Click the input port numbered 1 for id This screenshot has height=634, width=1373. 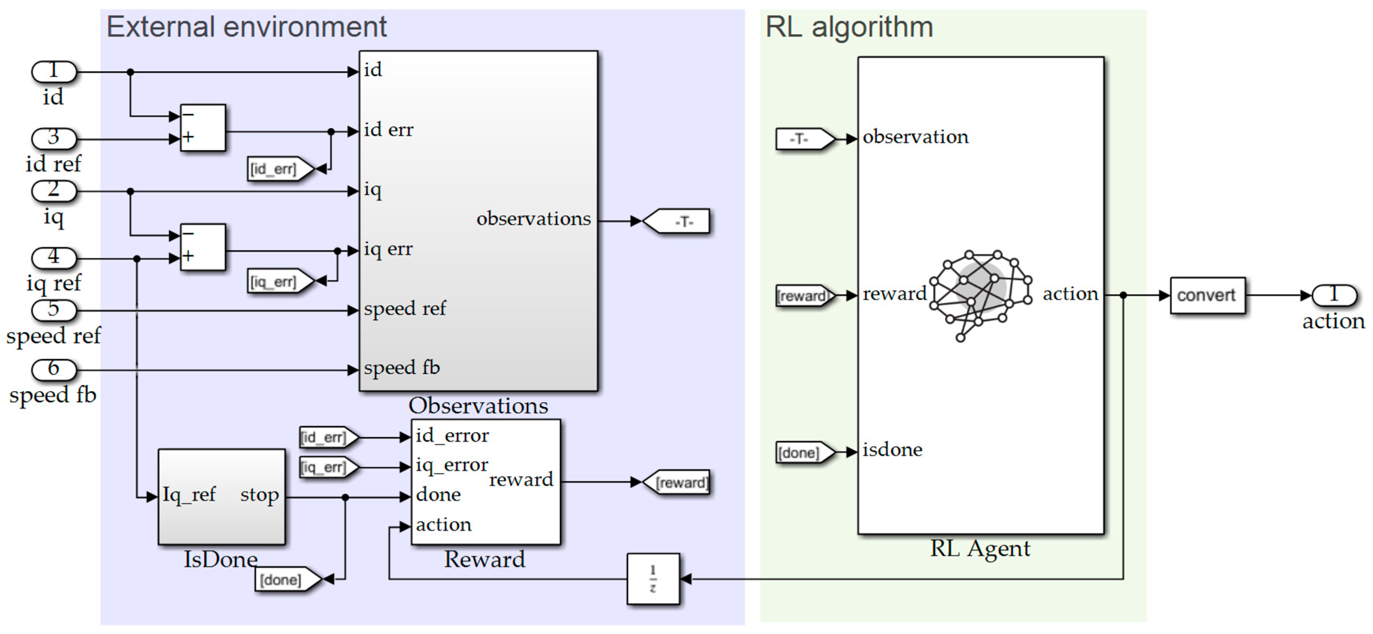pos(54,72)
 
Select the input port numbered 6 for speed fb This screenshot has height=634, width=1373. pos(54,369)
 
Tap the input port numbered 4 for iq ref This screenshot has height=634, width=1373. pos(54,257)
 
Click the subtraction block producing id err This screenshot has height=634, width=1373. pos(203,128)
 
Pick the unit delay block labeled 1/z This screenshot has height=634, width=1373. pos(653,579)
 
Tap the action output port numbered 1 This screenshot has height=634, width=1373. pos(1334,295)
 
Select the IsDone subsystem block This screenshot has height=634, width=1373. pos(221,496)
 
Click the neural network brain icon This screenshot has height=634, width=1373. pos(980,293)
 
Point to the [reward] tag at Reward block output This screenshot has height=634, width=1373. pos(679,482)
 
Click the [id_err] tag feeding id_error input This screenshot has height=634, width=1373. pos(326,438)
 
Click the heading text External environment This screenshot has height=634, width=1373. pos(246,27)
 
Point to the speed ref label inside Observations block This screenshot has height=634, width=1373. pos(405,309)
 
